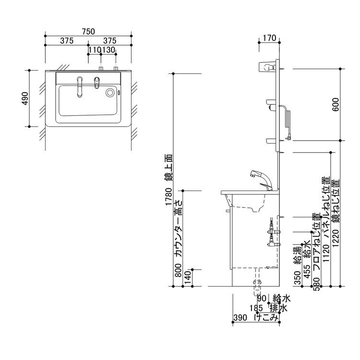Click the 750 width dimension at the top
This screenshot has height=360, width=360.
(x=88, y=32)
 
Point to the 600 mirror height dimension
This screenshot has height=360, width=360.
(x=336, y=104)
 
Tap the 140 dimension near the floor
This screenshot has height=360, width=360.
(x=188, y=277)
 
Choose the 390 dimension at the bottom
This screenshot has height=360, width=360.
(x=240, y=317)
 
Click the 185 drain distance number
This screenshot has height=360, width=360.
(x=255, y=308)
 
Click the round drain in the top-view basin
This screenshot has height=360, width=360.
(x=111, y=93)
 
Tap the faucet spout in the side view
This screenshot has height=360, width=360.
(x=253, y=175)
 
